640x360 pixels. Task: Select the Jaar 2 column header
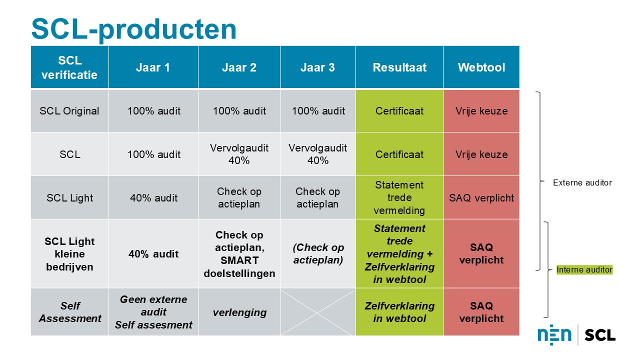tap(239, 67)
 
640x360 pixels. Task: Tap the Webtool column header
tap(481, 67)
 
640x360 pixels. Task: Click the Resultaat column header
tap(399, 67)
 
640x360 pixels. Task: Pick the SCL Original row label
tap(69, 111)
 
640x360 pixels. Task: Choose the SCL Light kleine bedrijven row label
tap(69, 254)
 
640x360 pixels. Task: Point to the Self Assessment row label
tap(69, 312)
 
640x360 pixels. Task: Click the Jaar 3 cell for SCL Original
tap(318, 111)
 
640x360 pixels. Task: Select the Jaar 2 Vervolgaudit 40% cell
tap(239, 154)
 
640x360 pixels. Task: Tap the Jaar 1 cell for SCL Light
tap(153, 197)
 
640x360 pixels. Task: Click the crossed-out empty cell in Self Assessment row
tap(318, 312)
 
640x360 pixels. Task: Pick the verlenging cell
tap(239, 312)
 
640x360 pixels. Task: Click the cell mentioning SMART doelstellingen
tap(239, 254)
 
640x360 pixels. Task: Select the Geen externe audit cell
tap(153, 312)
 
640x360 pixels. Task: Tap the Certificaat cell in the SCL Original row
tap(399, 111)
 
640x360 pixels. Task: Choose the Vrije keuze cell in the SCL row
tap(481, 154)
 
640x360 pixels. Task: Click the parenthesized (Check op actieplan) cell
tap(318, 254)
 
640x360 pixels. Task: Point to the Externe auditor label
tap(582, 183)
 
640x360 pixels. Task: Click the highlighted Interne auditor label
tap(584, 270)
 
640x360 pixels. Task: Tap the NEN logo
tap(554, 335)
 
